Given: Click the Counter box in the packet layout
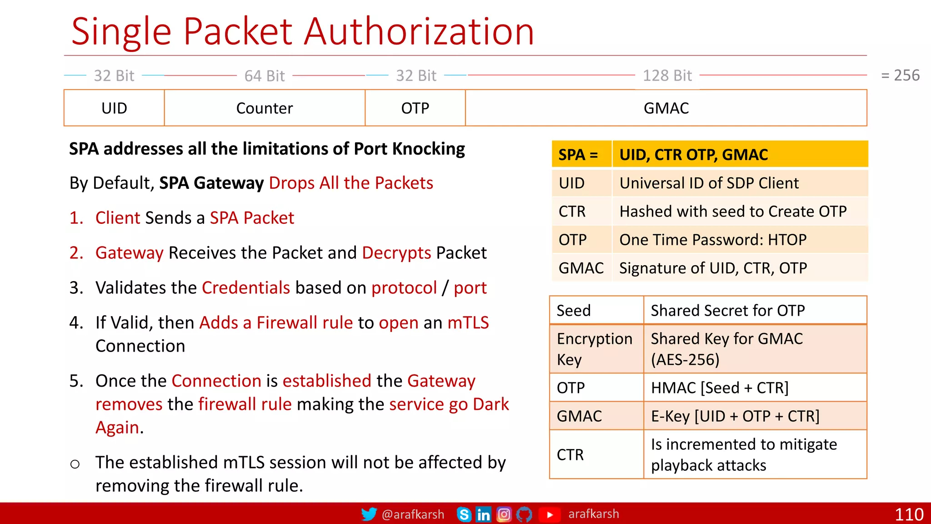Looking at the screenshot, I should point(265,108).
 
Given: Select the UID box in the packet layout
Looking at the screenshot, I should point(114,108).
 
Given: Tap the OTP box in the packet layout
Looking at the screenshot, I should point(415,108).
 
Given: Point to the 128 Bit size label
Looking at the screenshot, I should point(667,76).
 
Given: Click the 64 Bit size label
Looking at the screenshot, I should point(265,76).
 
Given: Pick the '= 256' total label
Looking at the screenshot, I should point(900,75).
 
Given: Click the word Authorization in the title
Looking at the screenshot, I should point(419,32).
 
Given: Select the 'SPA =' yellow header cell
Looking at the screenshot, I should point(578,155).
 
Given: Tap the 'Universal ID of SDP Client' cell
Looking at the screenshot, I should point(709,183).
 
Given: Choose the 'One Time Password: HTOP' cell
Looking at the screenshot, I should point(713,240).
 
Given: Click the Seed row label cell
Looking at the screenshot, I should point(574,311).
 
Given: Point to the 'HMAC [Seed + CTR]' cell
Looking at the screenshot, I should point(719,388).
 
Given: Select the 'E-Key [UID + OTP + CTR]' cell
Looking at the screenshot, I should point(735,416).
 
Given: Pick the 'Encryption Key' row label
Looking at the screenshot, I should point(594,349).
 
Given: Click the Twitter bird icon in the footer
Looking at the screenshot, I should point(369,514).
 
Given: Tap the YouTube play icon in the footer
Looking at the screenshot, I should point(550,514).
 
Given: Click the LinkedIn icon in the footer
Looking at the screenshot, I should point(483,514).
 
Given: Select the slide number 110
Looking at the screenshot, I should point(909,514).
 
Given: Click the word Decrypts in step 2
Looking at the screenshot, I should point(396,253).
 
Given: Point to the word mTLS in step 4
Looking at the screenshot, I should point(468,323).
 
